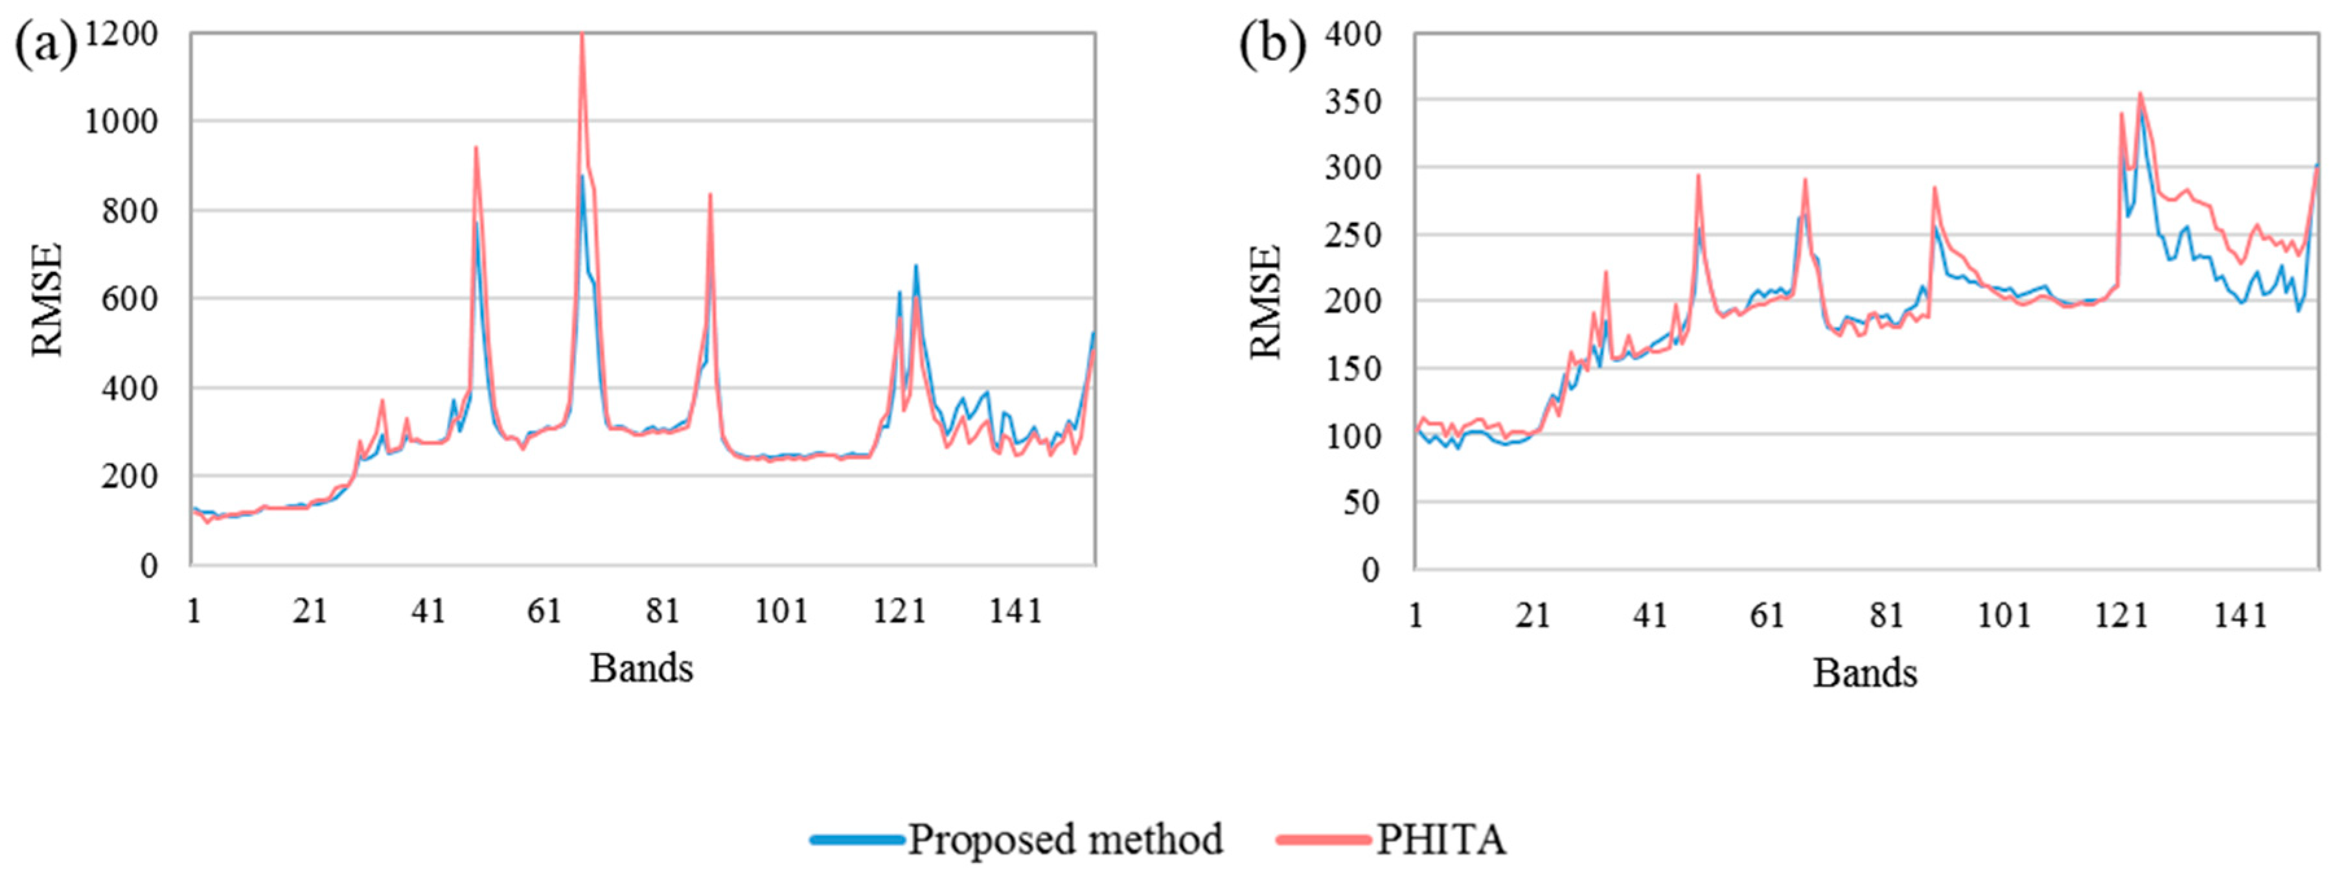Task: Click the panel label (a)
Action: [45, 45]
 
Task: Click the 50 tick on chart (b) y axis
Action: [1360, 502]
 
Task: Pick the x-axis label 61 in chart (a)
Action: [544, 610]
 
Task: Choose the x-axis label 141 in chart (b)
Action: [2240, 615]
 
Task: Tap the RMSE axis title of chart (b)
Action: [1265, 302]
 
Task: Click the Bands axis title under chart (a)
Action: [641, 669]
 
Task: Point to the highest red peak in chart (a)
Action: [581, 36]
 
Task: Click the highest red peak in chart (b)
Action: [2140, 93]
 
